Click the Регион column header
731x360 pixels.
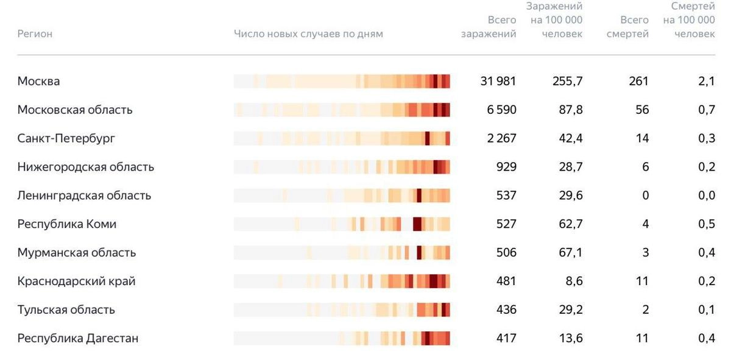(35, 34)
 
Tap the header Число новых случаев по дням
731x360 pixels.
(308, 34)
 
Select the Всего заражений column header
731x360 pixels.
(489, 27)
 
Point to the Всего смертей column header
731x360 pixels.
(627, 27)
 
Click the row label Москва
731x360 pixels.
(38, 81)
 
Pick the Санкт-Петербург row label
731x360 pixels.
(66, 138)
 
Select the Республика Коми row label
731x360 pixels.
(66, 224)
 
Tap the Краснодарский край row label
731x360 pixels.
(76, 281)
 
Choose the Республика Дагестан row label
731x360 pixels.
(77, 338)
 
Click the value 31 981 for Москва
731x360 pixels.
(498, 81)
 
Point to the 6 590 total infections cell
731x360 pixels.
(501, 110)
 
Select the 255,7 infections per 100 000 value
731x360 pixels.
(567, 81)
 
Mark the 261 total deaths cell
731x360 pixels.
(638, 81)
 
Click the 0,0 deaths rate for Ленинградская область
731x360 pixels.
(707, 196)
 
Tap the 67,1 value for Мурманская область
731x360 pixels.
(571, 252)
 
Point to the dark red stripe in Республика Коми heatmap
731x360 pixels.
(417, 224)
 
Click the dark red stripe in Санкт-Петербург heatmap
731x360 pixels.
(428, 138)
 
